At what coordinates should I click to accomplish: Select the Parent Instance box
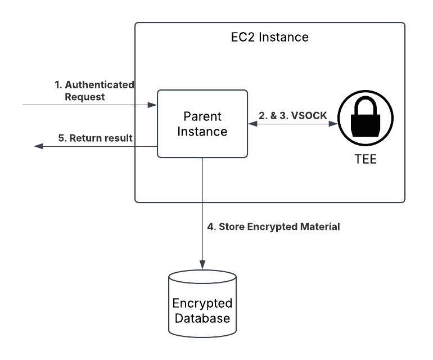coord(202,124)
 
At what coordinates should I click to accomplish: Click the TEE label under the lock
coord(366,159)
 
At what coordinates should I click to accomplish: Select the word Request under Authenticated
coord(85,96)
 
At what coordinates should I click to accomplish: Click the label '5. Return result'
coord(96,137)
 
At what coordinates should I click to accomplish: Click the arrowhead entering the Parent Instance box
coord(152,105)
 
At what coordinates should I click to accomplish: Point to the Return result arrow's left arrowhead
coord(38,146)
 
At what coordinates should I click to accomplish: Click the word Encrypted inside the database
coord(202,303)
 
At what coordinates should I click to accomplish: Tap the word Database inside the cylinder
coord(202,318)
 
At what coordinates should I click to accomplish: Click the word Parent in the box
coord(202,117)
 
